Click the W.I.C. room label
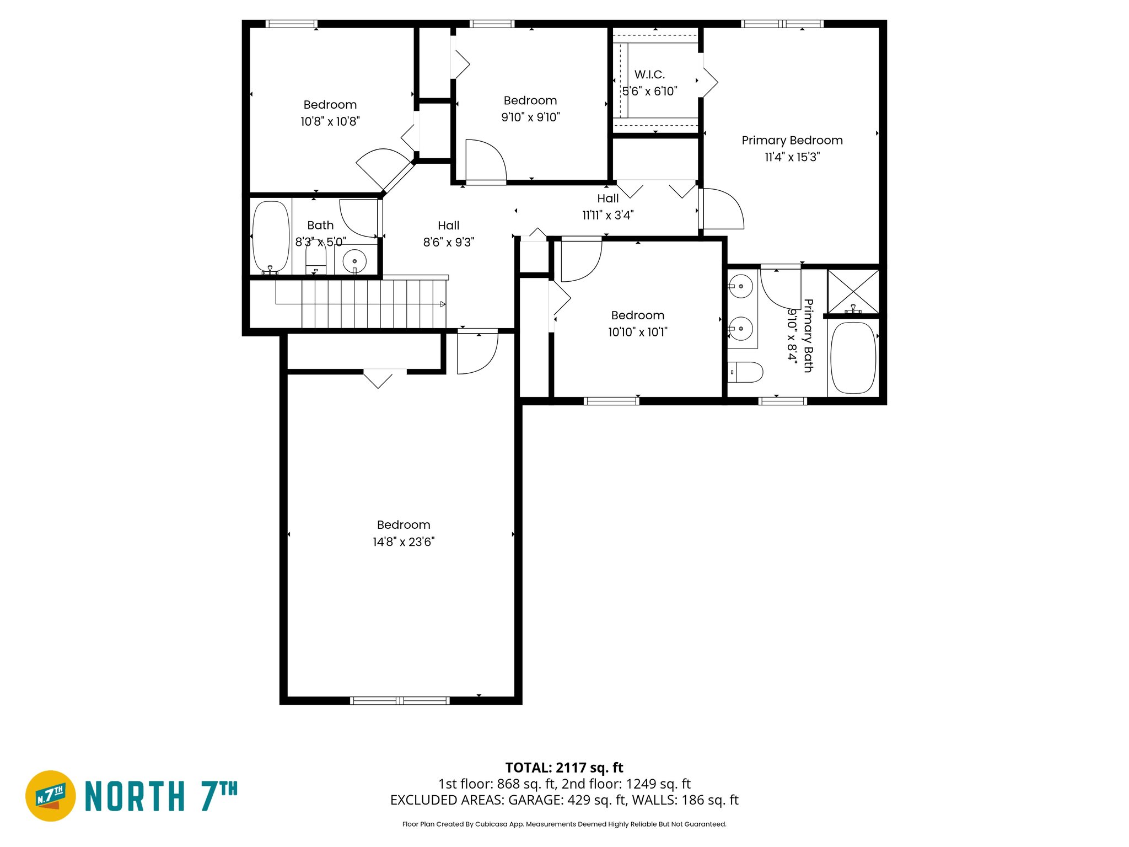point(649,74)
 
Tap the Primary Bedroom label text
point(792,141)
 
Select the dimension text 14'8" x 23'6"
point(404,542)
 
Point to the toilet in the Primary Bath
point(746,372)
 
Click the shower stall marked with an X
point(853,292)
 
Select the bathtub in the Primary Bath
point(853,358)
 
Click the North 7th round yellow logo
point(51,796)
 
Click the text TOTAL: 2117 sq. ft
point(564,768)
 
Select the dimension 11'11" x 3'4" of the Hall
point(607,216)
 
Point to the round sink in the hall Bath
point(354,261)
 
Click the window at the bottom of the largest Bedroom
point(400,701)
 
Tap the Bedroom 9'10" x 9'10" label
point(530,101)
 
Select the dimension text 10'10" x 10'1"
point(637,332)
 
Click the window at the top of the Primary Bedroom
point(782,24)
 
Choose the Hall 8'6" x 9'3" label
point(448,226)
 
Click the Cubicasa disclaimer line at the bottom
point(564,824)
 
